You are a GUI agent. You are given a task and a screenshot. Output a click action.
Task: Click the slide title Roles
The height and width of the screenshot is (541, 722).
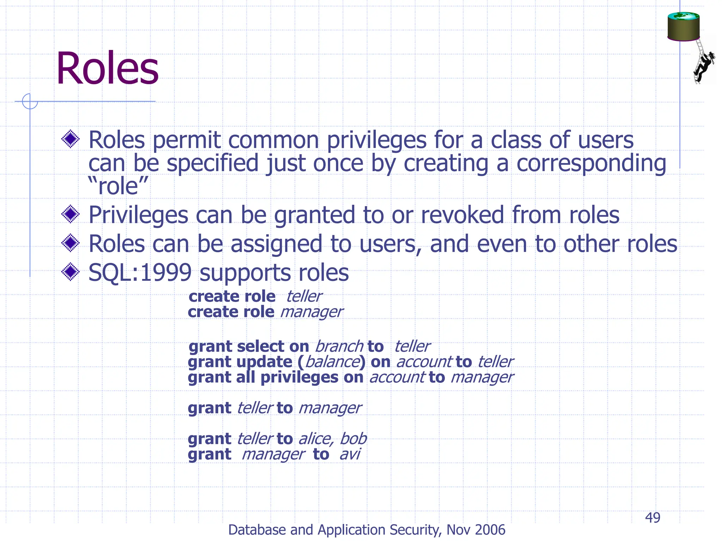107,68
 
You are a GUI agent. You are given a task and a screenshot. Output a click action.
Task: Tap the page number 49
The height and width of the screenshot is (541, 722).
652,518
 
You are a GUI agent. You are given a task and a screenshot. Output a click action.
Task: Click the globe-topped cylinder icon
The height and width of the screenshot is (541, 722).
683,27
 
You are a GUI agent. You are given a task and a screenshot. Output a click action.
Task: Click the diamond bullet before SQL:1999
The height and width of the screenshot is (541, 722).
71,272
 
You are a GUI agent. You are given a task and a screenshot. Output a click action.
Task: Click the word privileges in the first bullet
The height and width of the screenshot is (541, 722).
376,140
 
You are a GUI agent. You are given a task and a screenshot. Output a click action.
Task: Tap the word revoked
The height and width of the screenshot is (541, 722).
462,215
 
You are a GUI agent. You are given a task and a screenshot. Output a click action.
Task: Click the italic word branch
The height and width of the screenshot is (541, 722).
339,347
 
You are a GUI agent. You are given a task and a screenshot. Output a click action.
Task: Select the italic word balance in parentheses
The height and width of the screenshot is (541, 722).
332,362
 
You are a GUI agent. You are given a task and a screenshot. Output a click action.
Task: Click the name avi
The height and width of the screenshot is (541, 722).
349,454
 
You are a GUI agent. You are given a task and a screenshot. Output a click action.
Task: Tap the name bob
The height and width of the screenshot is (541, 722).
353,439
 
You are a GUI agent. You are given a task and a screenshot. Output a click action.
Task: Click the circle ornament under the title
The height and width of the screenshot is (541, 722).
30,101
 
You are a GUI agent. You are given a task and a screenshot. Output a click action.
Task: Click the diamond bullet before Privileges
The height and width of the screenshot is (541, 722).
71,214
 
